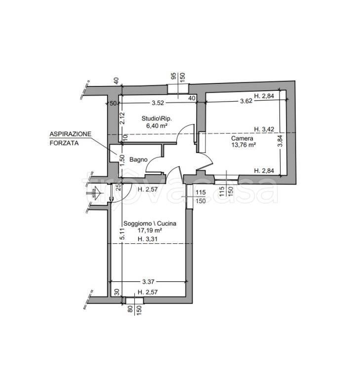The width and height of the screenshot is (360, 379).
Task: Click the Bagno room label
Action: coord(138,159)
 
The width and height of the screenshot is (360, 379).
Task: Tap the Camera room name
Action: coord(242,138)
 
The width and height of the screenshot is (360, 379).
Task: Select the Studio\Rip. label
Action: coord(157,118)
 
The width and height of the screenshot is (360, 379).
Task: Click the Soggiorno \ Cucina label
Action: coord(150,224)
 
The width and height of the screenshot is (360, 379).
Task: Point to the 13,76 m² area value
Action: coord(243,145)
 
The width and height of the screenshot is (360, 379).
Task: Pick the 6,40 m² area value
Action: coord(157,125)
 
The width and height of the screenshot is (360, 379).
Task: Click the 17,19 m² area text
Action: coord(150,230)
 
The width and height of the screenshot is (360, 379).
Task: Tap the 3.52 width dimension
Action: coord(158,103)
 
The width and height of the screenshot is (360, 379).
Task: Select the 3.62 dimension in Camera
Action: coord(246,101)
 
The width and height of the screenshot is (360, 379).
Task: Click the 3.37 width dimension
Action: coord(148,282)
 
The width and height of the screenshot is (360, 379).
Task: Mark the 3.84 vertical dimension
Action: coord(280,141)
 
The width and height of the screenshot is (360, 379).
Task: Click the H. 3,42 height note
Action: coord(264,129)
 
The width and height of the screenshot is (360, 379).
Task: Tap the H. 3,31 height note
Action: coord(147,239)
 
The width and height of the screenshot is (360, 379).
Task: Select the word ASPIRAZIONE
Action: coord(71,134)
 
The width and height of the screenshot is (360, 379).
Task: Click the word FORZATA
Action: coord(64,143)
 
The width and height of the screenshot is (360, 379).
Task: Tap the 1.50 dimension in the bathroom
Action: coord(122,160)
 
